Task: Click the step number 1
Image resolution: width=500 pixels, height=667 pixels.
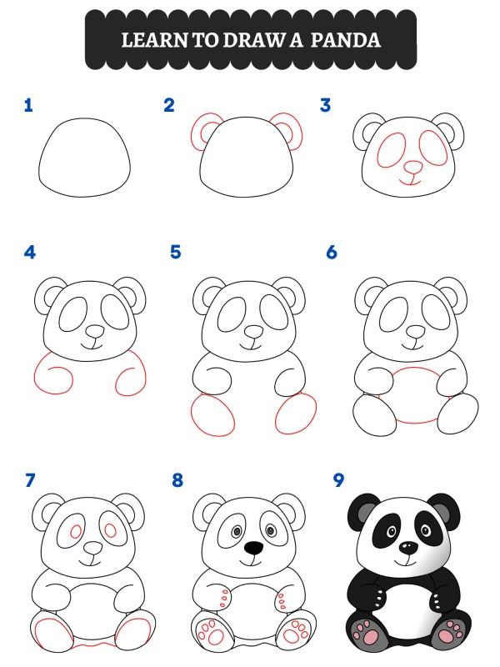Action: coord(28,105)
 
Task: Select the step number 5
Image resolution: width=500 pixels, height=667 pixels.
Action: coord(175,252)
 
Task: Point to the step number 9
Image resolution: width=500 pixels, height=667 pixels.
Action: coord(337,480)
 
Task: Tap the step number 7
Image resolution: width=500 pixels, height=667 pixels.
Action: coord(31,480)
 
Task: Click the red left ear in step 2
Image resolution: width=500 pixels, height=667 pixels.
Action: coord(203,132)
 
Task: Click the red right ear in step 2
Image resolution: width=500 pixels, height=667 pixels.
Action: coord(287,131)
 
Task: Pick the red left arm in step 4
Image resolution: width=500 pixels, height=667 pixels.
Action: coord(55,374)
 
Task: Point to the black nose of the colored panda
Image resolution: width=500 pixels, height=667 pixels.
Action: coord(407,547)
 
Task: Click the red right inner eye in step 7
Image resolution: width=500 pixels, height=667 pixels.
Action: coord(109,529)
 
